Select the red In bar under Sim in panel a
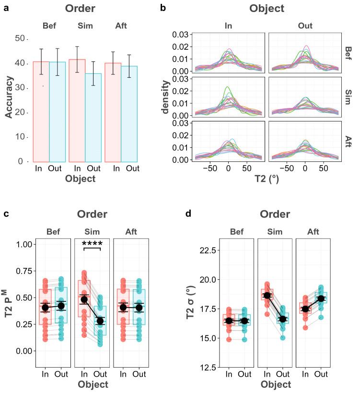77,110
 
